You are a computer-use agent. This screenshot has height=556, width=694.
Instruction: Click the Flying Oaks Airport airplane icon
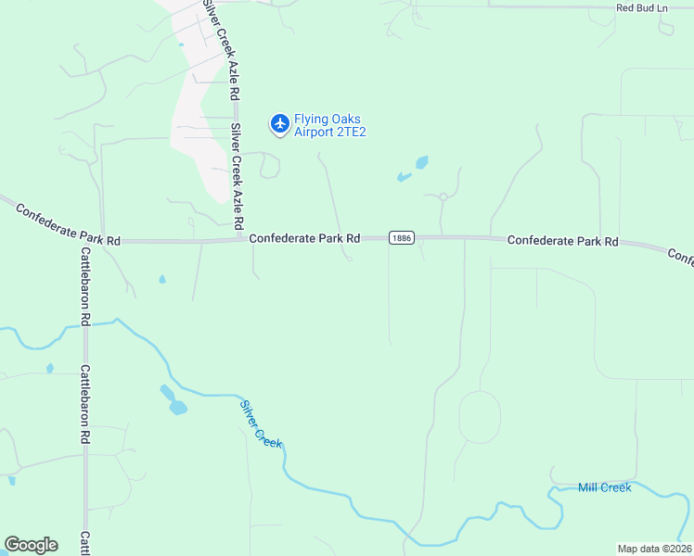[279, 122]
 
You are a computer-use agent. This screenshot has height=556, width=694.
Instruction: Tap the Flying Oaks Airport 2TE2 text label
[330, 125]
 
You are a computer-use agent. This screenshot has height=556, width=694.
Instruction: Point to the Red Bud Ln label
[642, 7]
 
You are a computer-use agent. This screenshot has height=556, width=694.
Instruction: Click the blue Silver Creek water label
[261, 423]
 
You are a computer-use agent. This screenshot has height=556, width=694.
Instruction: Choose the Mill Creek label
[604, 487]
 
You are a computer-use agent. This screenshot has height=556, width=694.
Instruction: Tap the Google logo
[31, 545]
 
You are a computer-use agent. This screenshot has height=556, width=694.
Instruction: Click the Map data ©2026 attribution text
[654, 549]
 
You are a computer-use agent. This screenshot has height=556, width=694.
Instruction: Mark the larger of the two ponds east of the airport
[422, 162]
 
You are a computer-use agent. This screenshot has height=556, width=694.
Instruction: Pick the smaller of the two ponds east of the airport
[404, 176]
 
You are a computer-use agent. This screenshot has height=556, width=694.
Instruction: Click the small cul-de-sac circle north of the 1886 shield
[443, 196]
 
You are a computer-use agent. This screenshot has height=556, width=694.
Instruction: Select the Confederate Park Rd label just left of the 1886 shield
[304, 238]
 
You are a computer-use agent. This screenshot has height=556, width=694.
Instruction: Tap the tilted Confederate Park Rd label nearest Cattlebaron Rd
[69, 225]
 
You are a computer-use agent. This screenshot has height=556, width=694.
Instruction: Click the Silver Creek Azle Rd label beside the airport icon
[238, 176]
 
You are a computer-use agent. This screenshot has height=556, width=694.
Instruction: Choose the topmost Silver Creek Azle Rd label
[224, 51]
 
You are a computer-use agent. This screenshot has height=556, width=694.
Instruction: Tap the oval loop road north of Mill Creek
[480, 417]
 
